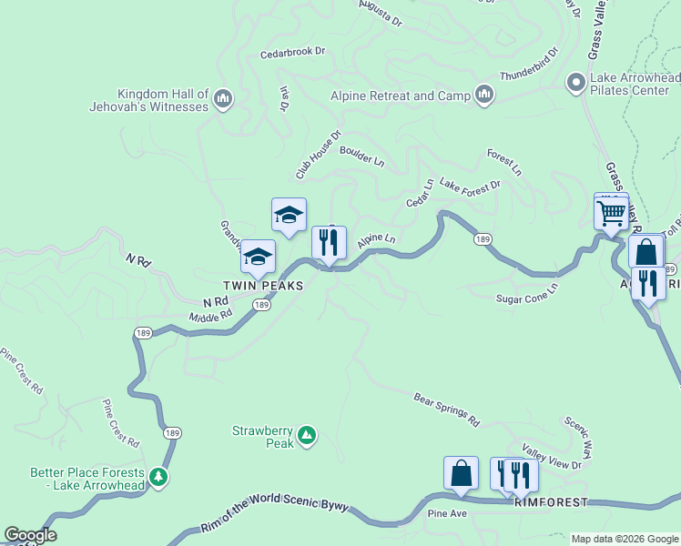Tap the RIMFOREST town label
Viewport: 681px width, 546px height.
[551, 502]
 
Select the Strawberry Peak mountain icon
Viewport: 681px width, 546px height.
[308, 437]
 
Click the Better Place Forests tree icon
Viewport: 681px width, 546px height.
[158, 476]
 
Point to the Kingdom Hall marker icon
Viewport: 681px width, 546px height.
[224, 97]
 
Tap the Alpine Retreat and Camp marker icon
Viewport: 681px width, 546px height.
[483, 95]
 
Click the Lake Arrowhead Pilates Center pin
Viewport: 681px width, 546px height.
[574, 83]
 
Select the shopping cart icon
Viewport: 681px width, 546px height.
[611, 214]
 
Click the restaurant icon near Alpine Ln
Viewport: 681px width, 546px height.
[329, 243]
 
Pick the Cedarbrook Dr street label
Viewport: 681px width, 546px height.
[292, 52]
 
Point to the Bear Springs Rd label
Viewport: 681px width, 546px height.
[446, 409]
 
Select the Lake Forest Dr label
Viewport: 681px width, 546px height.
[470, 185]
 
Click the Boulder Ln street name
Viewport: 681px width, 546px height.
[362, 157]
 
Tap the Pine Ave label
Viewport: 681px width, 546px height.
[446, 514]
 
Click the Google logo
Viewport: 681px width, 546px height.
[30, 535]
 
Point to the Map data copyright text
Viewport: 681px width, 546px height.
[624, 539]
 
